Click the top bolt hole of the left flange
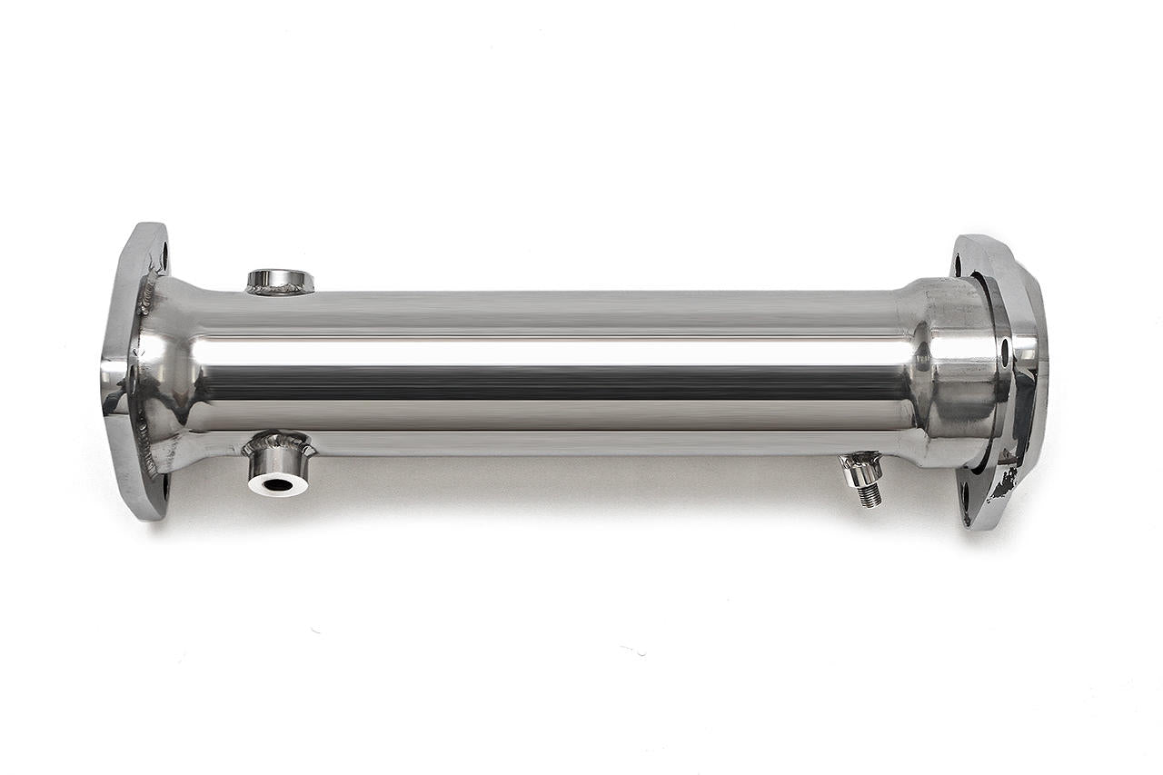pyautogui.click(x=163, y=257)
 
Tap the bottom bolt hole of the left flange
pyautogui.click(x=164, y=486)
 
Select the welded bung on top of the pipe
pyautogui.click(x=280, y=282)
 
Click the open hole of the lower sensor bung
pyautogui.click(x=277, y=483)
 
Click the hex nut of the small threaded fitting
pyautogui.click(x=860, y=470)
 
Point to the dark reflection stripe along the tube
pyautogui.click(x=545, y=382)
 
